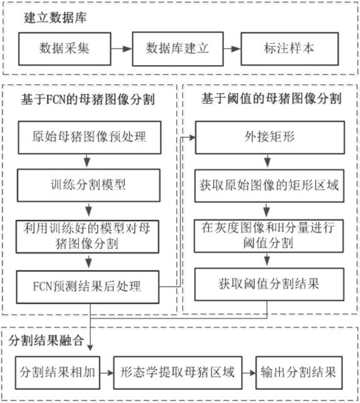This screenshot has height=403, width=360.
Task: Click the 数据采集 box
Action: tap(64, 49)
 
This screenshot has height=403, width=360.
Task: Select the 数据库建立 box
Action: tap(178, 49)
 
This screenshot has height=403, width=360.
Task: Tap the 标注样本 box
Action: tap(290, 49)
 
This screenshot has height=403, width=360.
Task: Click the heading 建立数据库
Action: tap(55, 18)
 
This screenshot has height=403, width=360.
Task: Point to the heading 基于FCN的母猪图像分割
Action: tap(88, 99)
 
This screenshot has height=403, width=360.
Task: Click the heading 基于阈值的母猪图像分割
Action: tap(272, 98)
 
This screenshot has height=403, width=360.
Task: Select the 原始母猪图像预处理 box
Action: tap(90, 137)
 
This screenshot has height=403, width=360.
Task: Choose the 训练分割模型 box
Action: tap(88, 185)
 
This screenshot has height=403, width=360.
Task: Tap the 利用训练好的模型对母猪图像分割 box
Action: tap(87, 236)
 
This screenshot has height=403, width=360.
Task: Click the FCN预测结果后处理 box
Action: tap(88, 287)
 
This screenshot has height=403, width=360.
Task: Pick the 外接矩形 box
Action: tap(270, 137)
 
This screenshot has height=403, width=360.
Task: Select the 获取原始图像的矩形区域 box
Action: tap(269, 186)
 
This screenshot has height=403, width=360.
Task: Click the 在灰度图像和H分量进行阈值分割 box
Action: tap(269, 236)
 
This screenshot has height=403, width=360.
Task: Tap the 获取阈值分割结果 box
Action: tap(269, 285)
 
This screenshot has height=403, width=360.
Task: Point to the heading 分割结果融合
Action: tap(46, 341)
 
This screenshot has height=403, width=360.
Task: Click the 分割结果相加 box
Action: tap(58, 373)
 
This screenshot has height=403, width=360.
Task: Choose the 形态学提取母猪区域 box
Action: tap(178, 373)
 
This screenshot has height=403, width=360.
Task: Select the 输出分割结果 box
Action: tap(299, 373)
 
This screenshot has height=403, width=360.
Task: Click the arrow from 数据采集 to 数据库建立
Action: tap(121, 49)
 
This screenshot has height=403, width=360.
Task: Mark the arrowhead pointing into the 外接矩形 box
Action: tap(192, 138)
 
